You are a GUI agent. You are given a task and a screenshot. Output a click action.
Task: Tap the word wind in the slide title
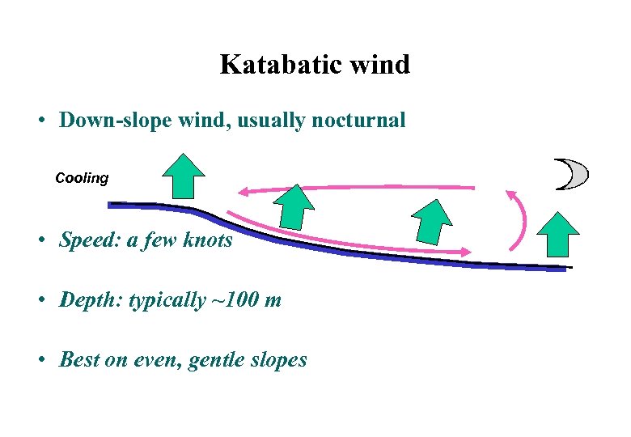click(x=379, y=65)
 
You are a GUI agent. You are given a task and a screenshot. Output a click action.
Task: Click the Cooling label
click(x=81, y=178)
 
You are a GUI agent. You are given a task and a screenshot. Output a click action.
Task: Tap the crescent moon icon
click(x=572, y=174)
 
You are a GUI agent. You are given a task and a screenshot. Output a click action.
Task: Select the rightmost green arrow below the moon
click(x=558, y=234)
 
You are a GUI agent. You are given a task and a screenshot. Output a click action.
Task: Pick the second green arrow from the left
click(x=294, y=206)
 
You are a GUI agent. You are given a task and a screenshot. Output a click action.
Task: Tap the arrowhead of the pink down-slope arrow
click(x=465, y=252)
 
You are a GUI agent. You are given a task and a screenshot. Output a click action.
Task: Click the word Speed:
click(x=90, y=240)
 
